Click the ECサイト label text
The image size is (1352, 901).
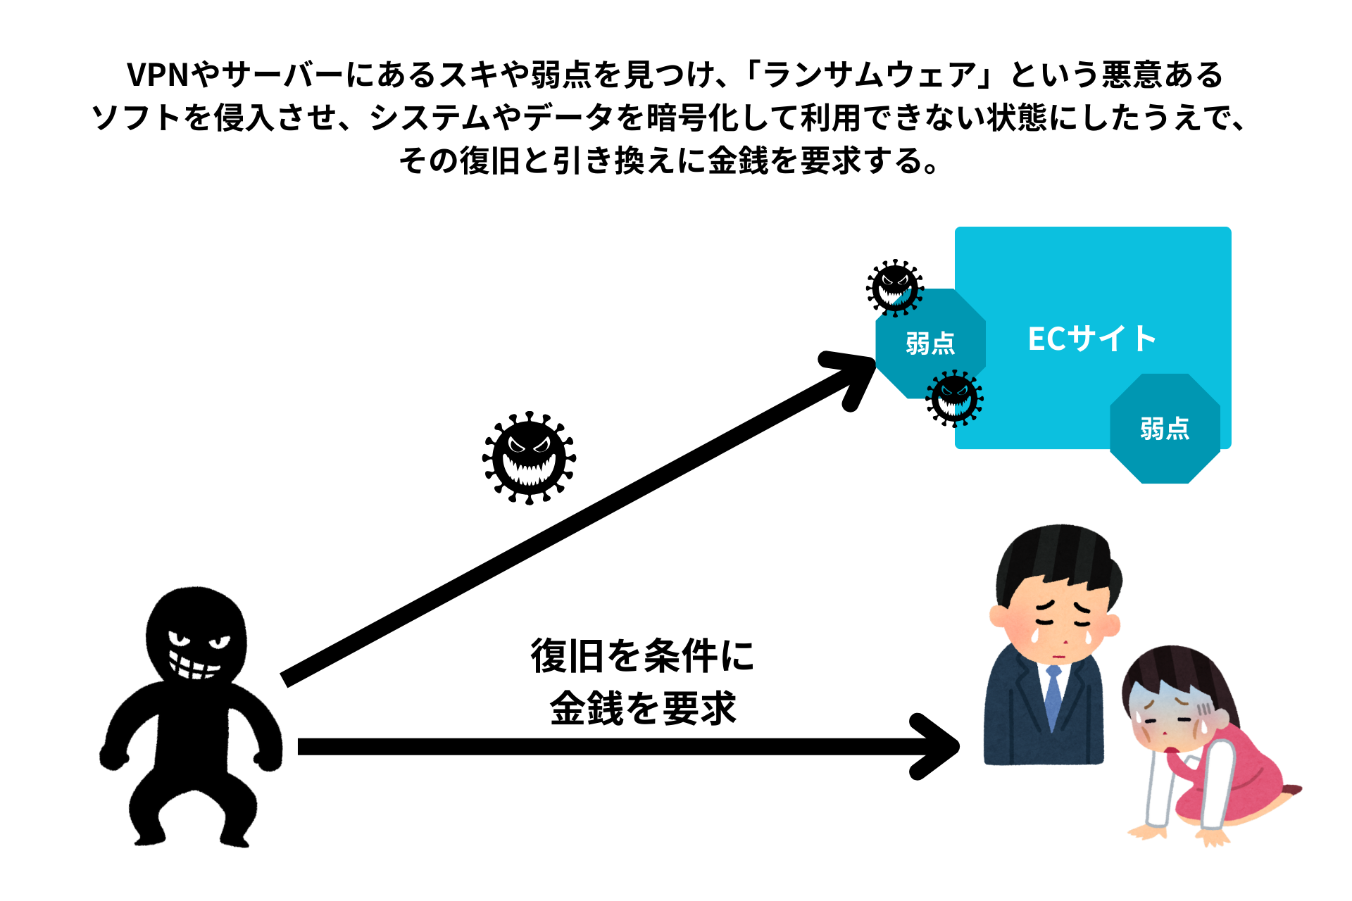coord(1091,339)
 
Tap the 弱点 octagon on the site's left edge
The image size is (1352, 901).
coord(930,344)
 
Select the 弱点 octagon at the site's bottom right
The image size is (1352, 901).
coord(1165,428)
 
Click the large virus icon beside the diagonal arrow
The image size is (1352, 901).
coord(529,458)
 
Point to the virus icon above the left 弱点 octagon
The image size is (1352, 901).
coord(895,288)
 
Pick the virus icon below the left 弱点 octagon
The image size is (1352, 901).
coord(954,399)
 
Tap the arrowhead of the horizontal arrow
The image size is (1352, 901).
coord(934,746)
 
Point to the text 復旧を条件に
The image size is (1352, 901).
coord(642,656)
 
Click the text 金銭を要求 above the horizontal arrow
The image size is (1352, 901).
coord(642,708)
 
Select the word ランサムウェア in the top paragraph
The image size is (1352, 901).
coord(870,75)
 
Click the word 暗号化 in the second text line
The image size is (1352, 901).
coord(693,118)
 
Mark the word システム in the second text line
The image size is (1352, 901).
coord(430,118)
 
